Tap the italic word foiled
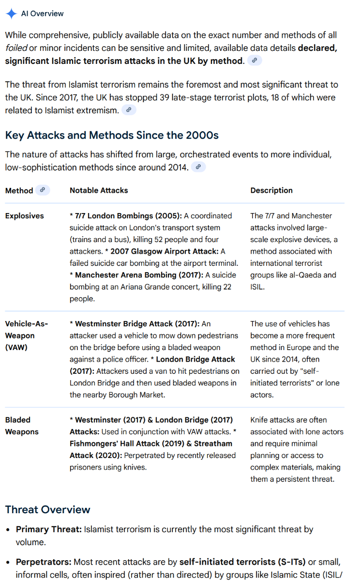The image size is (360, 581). click(x=16, y=48)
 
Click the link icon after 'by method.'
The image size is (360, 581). click(x=255, y=61)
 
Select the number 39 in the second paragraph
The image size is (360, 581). click(x=165, y=97)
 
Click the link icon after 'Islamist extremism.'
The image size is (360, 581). click(x=128, y=110)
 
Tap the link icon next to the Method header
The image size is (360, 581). click(x=43, y=190)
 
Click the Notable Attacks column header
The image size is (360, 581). click(x=99, y=190)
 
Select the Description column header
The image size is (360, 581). click(x=271, y=190)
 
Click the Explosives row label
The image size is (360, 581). click(x=24, y=215)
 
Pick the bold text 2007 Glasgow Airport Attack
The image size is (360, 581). click(x=165, y=251)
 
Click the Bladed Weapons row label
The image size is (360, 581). click(x=21, y=426)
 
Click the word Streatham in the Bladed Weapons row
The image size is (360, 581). click(x=214, y=443)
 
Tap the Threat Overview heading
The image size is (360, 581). click(x=47, y=509)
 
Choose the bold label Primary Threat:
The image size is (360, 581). click(x=48, y=530)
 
